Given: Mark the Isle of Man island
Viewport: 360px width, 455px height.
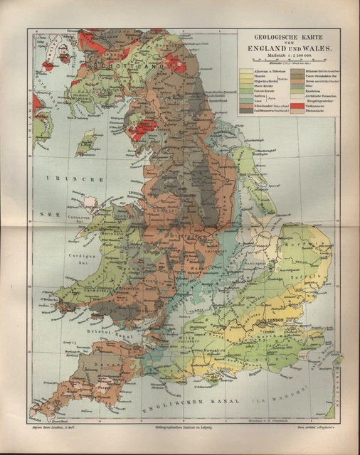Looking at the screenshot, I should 87,142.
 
